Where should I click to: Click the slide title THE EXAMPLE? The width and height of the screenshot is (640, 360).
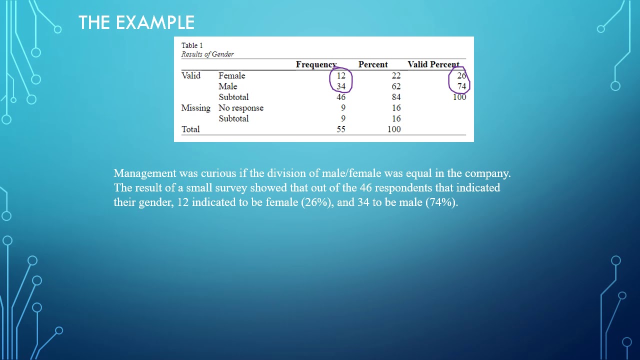coord(136,22)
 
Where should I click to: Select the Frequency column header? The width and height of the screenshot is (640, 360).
coord(316,64)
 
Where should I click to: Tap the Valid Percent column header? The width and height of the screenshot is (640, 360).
coord(433,64)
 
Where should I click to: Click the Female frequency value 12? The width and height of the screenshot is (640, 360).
coord(341,75)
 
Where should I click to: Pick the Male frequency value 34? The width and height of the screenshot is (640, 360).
coord(341,86)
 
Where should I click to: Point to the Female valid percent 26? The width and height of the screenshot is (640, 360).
coord(461,76)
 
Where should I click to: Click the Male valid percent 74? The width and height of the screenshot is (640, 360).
coord(461,86)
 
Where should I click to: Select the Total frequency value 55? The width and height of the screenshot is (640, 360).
coord(341,129)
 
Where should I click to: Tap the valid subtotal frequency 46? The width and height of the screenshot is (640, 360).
coord(341,97)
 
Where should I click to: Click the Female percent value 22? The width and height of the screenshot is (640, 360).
coord(396,75)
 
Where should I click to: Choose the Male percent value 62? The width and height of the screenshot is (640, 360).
coord(396,86)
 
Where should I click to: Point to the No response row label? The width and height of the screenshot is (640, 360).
coord(241,108)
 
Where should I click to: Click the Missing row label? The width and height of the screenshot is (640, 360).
coord(195,108)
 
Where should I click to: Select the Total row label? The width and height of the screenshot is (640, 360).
coord(190,129)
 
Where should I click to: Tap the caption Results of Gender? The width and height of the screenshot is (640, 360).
coord(207,54)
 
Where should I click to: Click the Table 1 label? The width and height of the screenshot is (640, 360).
coord(192,45)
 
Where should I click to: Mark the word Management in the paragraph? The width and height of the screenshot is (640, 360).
coord(145,173)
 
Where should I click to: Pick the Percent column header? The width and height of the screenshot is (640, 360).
coord(373,64)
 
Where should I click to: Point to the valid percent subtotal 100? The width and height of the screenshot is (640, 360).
coord(459,97)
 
